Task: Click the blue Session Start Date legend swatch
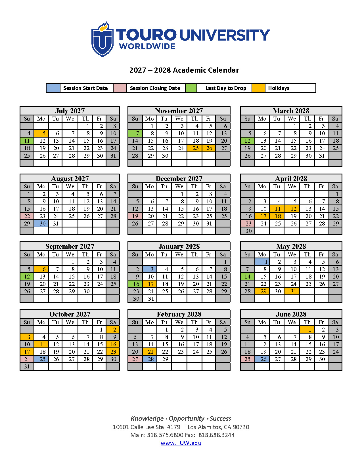[53, 88]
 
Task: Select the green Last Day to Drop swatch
[191, 88]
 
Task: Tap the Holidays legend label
[279, 88]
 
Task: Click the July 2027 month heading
[70, 111]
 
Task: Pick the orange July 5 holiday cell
[41, 133]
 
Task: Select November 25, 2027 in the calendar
[194, 148]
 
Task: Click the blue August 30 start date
[41, 224]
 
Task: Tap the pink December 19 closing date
[135, 216]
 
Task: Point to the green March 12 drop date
[248, 141]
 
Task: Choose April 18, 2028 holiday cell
[277, 216]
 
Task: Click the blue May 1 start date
[262, 262]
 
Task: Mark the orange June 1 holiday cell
[307, 330]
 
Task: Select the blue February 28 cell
[150, 359]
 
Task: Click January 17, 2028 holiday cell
[150, 284]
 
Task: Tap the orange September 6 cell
[41, 269]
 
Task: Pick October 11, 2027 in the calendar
[41, 344]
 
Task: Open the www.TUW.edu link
[181, 443]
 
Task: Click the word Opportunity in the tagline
[186, 418]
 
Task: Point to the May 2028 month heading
[291, 246]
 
